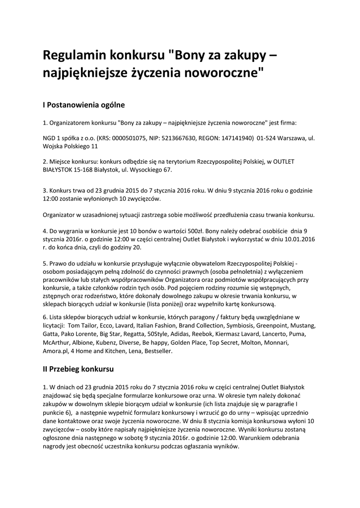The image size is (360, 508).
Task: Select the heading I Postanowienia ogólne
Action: (84, 105)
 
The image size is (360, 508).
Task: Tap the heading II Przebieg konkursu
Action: (78, 369)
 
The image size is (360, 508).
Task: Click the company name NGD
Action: (50, 138)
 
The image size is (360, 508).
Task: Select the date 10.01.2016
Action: (298, 239)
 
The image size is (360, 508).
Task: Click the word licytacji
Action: (53, 325)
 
